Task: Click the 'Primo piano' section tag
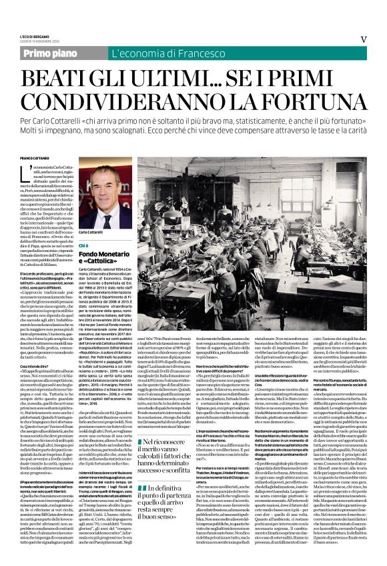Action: (67, 52)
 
